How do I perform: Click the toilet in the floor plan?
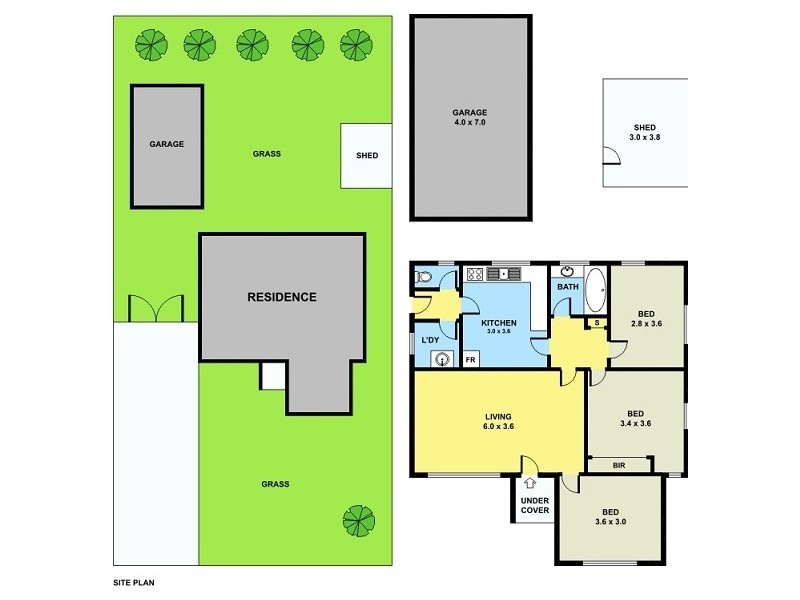pos(424,278)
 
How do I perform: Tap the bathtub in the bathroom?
pos(594,290)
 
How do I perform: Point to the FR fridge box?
pos(470,358)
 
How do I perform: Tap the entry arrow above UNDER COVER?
pos(529,484)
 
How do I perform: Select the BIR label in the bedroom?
pos(619,464)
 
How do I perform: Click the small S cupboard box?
pos(596,322)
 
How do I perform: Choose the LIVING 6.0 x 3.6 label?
pos(499,422)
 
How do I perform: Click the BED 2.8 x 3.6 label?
pos(647,317)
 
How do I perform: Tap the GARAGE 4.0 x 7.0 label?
pos(469,118)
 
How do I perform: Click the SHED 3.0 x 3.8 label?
pos(644,132)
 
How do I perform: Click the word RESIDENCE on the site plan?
pos(282,297)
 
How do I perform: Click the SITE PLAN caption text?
pos(133,581)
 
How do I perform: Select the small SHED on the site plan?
pos(367,155)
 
